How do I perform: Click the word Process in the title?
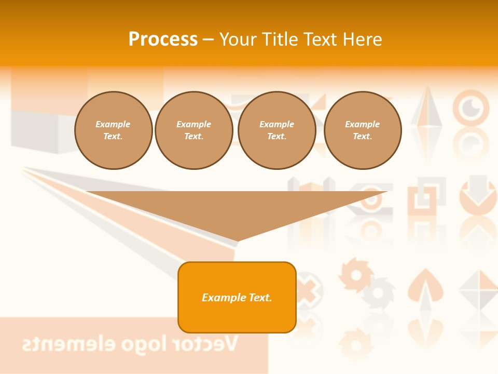pos(163,39)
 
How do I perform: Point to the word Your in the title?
pos(239,39)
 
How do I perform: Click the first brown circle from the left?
pos(113,130)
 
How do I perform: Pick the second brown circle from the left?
pos(194,130)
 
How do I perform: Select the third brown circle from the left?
pos(277,130)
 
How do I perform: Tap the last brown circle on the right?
pos(363,130)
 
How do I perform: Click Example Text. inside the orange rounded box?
pos(237,298)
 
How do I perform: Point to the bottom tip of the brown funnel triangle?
pos(238,241)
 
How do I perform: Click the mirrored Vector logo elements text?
pos(130,344)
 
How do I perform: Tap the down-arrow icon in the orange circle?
pos(478,195)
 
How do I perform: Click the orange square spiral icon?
pos(426,196)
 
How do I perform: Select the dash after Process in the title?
pos(208,39)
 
